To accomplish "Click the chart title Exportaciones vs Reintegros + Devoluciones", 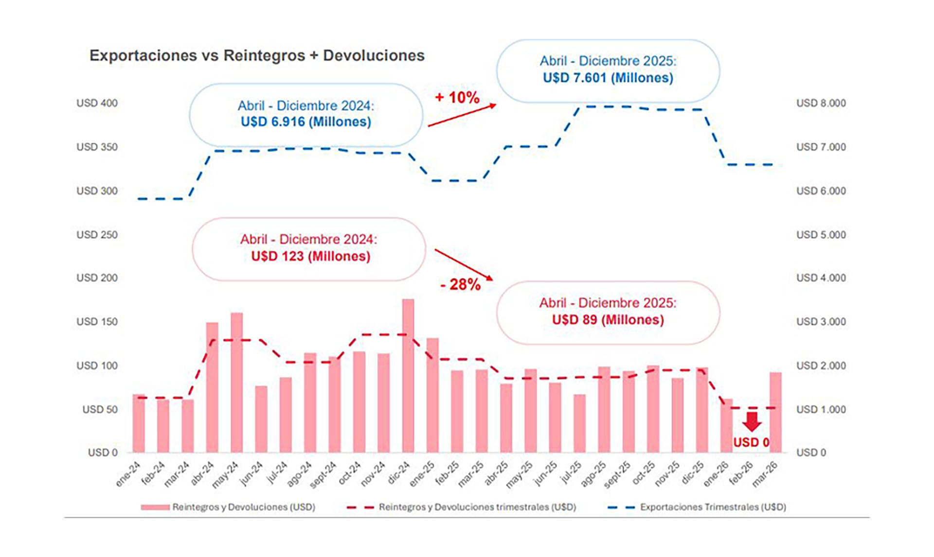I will [x=257, y=55].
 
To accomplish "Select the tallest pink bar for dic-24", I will [x=408, y=374].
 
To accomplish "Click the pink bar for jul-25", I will [x=579, y=423].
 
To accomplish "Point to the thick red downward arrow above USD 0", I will [x=752, y=421].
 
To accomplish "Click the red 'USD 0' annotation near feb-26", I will [x=751, y=442].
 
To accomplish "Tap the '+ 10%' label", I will [x=457, y=97].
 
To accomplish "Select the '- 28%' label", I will [x=460, y=284].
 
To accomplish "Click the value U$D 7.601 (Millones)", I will [x=608, y=78].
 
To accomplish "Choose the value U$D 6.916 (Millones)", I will [x=305, y=122].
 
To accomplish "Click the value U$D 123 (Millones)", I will [x=310, y=256].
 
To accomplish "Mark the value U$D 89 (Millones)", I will [x=608, y=320].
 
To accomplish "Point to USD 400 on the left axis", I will [x=97, y=103].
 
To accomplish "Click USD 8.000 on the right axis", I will [x=821, y=103].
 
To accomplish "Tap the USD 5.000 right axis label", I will [x=821, y=235].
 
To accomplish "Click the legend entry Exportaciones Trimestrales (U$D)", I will [x=712, y=507].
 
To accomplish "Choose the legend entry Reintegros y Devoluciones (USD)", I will [x=243, y=507].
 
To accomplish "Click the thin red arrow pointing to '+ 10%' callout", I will [x=462, y=115].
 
